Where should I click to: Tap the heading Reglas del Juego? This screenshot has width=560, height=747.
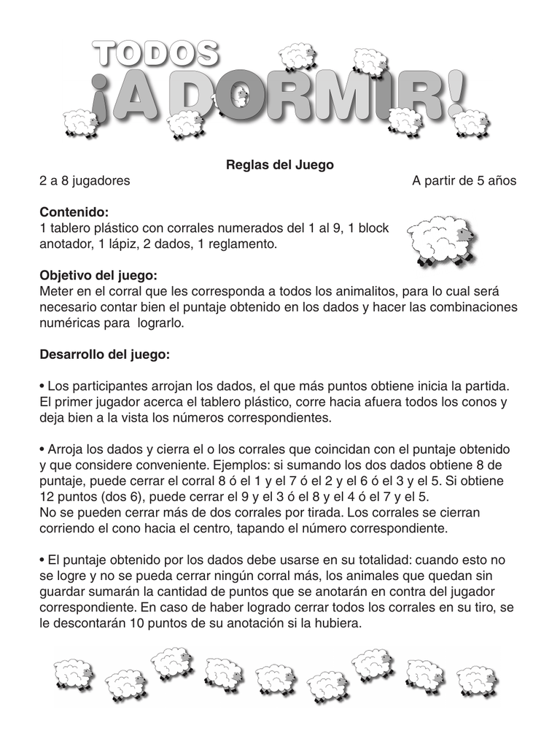[279, 165]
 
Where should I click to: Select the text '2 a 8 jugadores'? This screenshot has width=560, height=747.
[85, 181]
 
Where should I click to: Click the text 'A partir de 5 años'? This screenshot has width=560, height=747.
[464, 181]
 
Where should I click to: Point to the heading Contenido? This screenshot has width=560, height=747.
[74, 212]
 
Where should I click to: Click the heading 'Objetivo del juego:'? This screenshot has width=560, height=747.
[98, 276]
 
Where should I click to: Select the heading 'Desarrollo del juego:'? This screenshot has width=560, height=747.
[104, 355]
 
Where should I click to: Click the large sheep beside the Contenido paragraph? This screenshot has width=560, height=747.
[440, 239]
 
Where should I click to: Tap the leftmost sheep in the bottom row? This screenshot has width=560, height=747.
[73, 676]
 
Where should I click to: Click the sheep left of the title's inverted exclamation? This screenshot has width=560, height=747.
[79, 123]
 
